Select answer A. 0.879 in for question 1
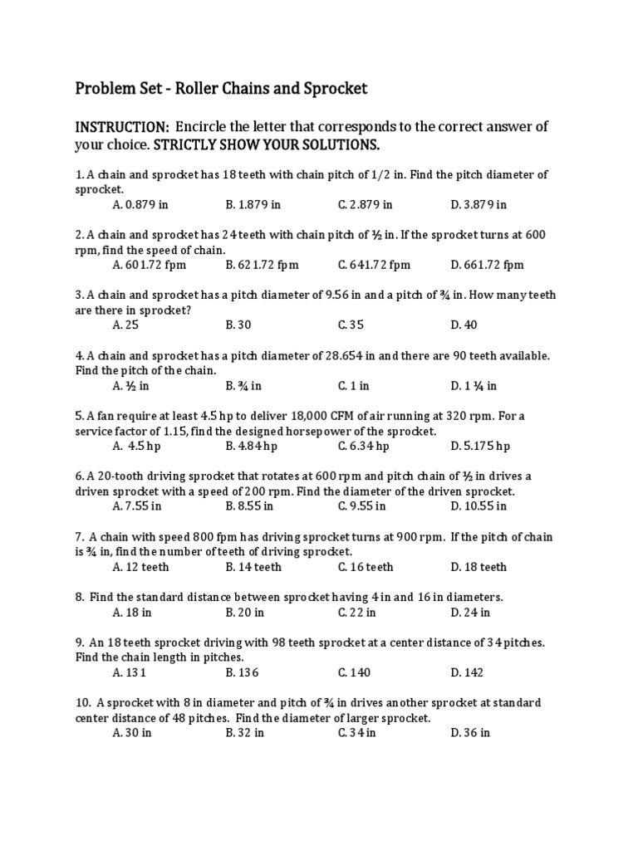[140, 204]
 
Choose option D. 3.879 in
[478, 204]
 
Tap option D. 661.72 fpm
[488, 265]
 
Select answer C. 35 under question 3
[351, 325]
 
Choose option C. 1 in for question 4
[354, 386]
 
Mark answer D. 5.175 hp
[480, 446]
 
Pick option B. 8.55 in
[249, 506]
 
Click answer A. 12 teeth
[140, 567]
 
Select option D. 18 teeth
[478, 567]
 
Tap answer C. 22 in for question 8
[357, 613]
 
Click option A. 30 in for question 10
[132, 733]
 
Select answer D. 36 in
[470, 733]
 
